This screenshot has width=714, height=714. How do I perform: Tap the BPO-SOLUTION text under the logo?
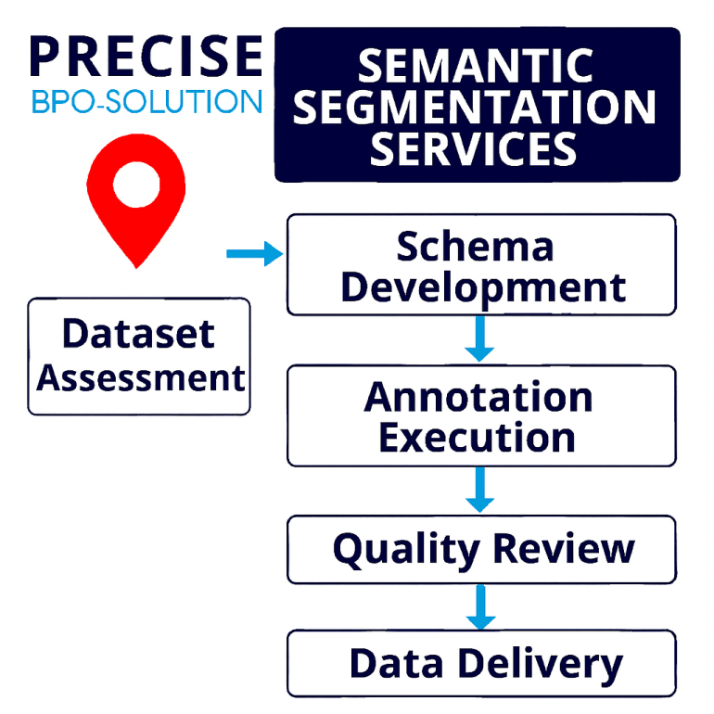147,101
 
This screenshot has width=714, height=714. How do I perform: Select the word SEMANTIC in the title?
476,66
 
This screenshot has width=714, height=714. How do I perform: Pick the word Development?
483,287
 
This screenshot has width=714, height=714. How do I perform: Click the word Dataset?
138,333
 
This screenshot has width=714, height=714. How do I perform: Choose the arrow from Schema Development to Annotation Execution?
480,338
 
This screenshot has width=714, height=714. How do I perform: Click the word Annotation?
478,397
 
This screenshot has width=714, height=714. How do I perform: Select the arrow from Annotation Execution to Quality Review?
480,490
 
